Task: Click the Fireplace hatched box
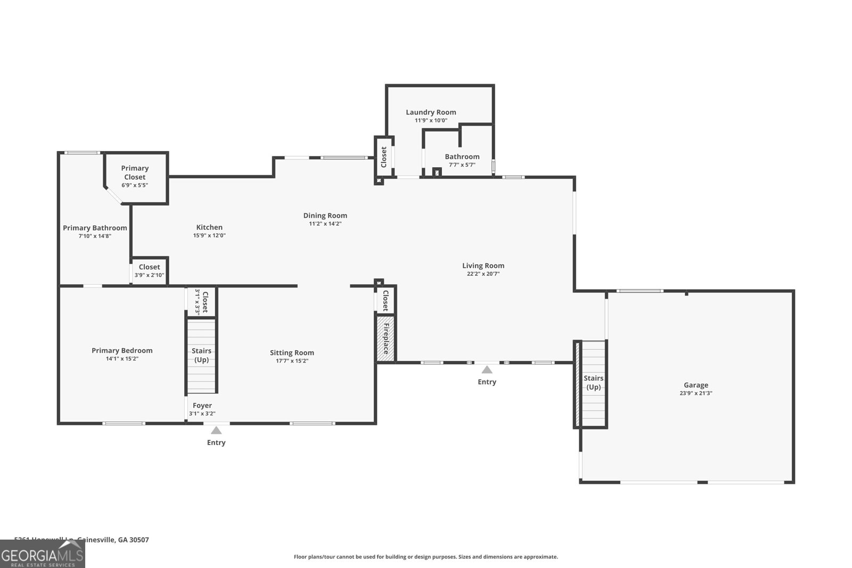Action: click(386, 339)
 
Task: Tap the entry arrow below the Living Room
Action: click(487, 369)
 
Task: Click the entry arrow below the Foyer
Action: click(216, 430)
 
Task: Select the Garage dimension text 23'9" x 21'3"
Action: click(695, 393)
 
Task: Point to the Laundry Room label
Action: click(431, 112)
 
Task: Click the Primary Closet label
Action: click(135, 172)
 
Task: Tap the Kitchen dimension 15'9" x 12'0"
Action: click(209, 235)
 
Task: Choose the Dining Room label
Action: click(325, 216)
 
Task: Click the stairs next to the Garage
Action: click(593, 383)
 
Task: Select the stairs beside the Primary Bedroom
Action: click(201, 356)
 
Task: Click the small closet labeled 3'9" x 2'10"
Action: click(150, 271)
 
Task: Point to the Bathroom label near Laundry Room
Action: click(462, 157)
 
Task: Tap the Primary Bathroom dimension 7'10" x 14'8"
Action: click(95, 236)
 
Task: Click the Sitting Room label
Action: click(292, 352)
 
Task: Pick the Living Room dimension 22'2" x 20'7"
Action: click(483, 274)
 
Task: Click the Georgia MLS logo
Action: click(42, 555)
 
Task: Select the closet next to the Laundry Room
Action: click(383, 157)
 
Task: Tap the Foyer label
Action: click(202, 406)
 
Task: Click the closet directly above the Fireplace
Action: click(385, 300)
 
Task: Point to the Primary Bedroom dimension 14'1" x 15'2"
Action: click(122, 359)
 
